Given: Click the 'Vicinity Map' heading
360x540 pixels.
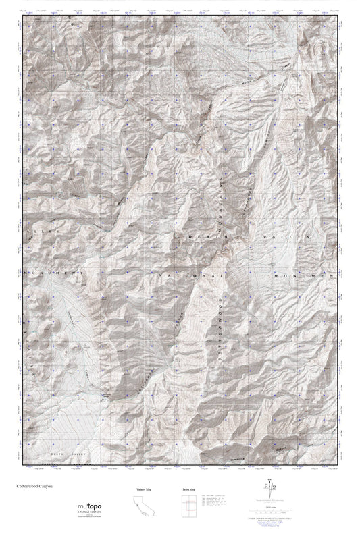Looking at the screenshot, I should [140, 488].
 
